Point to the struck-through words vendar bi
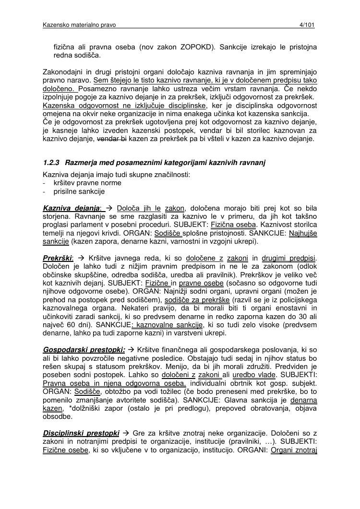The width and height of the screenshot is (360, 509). click(x=112, y=139)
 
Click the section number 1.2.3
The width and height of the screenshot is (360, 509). click(x=51, y=163)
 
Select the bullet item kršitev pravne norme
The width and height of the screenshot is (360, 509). click(x=87, y=183)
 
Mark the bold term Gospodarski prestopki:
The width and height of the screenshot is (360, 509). click(x=84, y=349)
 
